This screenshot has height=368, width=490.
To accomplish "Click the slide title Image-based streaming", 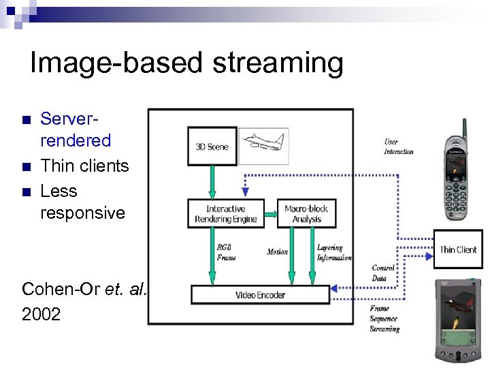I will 186,63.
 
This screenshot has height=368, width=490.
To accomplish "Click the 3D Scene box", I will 212,147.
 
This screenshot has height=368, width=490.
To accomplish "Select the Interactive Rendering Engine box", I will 225,213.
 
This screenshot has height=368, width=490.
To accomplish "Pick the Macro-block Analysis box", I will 306,213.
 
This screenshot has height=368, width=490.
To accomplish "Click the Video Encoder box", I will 260,295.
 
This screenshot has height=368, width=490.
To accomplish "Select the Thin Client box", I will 458,249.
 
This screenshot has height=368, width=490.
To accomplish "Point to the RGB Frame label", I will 227,253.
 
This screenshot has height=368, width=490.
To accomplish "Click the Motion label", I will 277,252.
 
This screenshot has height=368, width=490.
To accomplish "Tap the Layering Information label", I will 333,253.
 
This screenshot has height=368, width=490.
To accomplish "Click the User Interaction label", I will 398,147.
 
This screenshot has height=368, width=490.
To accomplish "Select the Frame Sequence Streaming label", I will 385,319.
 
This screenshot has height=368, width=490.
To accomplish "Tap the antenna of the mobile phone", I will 464,127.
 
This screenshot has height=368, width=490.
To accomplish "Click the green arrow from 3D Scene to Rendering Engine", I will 212,181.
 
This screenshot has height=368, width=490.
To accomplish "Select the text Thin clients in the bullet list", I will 84,166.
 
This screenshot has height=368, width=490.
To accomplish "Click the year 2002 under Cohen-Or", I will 41,314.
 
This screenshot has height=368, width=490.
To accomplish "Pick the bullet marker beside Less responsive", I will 27,191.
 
